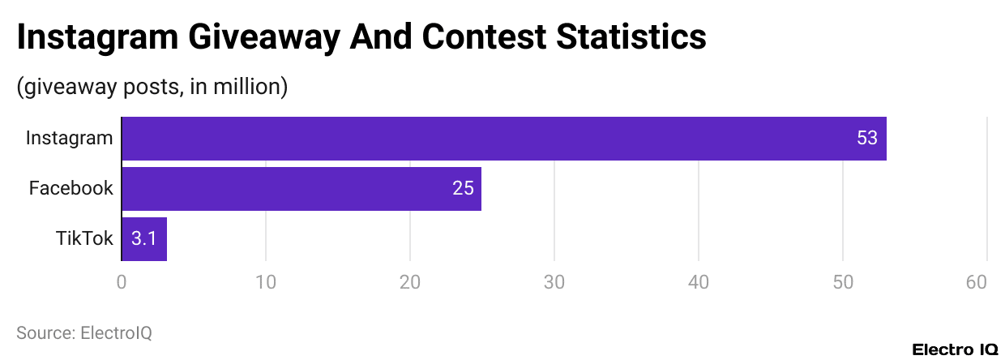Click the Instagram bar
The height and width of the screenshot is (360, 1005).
coord(503,139)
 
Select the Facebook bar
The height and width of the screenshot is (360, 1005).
coord(301,189)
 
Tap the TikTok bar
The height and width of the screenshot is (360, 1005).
coord(144,239)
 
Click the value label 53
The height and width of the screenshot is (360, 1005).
coord(866,139)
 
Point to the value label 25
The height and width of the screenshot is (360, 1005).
coord(463,189)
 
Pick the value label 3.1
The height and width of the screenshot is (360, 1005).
coord(143,239)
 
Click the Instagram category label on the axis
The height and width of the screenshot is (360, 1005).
coord(69,138)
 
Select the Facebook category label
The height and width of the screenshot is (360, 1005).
coord(71,189)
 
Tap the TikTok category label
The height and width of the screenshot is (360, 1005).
coord(84,239)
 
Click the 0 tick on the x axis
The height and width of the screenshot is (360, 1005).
coord(122,282)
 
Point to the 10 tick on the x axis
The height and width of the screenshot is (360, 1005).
coord(266,282)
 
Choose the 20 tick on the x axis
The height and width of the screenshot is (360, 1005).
coord(410,282)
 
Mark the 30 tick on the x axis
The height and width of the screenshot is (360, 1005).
coord(554,282)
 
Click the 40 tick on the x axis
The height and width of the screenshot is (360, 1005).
coord(699,282)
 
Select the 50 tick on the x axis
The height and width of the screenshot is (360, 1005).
coord(843,282)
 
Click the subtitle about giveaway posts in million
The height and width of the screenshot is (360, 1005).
coord(152,87)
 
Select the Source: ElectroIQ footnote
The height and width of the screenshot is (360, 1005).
coord(84,332)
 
